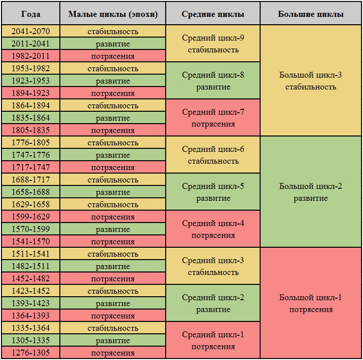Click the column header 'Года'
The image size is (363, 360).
(x=31, y=14)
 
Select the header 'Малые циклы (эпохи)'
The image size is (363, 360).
(x=113, y=14)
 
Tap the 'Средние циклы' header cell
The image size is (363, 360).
(x=213, y=14)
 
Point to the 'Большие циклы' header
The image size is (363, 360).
(x=311, y=14)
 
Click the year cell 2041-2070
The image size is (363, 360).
(x=31, y=31)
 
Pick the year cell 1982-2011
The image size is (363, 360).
(x=31, y=56)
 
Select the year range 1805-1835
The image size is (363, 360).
(x=31, y=130)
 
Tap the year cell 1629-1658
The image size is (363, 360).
(x=31, y=204)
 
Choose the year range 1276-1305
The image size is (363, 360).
(x=31, y=353)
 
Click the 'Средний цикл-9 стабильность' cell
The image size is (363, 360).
(x=213, y=44)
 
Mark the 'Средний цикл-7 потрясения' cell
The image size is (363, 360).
(x=213, y=118)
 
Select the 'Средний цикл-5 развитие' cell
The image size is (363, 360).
(x=213, y=192)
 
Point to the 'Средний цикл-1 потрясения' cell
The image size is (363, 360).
(x=213, y=340)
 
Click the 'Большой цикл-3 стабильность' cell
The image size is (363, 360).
(x=311, y=81)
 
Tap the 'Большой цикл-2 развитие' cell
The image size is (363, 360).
(x=311, y=192)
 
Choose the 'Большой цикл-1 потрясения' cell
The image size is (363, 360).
(x=311, y=303)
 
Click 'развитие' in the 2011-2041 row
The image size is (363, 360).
(x=113, y=44)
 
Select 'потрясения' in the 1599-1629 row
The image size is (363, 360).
(x=113, y=217)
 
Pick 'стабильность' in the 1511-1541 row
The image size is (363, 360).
(x=113, y=254)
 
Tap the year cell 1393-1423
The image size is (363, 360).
(x=31, y=303)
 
